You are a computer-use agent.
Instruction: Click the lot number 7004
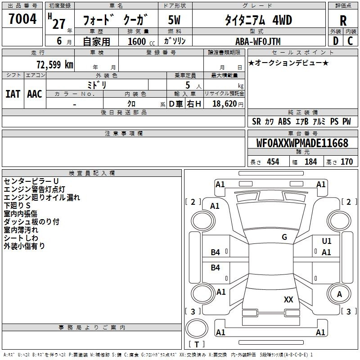pos(22,18)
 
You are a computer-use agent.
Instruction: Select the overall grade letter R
pos(343,21)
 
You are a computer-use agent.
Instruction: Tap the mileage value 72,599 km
pos(55,65)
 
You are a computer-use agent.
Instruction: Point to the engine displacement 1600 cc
pos(141,41)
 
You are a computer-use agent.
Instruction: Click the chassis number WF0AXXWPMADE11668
pos(302,143)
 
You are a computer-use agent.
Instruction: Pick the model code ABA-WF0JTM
pos(258,41)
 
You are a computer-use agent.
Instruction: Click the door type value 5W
pos(174,20)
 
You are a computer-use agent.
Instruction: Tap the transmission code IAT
pos(13,94)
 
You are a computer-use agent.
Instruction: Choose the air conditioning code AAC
pos(35,94)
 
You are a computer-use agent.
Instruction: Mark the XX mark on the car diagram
pos(288,299)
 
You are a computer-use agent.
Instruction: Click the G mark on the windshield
pos(284,237)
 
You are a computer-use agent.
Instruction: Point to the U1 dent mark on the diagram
pos(327,241)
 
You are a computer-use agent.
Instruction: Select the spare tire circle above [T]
pos(197,328)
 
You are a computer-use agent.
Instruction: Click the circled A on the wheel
pos(339,294)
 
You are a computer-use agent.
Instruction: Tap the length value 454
pos(273,162)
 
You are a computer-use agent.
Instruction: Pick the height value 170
pos(346,162)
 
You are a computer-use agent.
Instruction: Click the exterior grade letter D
pos(336,41)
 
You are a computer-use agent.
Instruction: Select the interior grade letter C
pos(350,41)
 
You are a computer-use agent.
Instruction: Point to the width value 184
pos(311,162)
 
